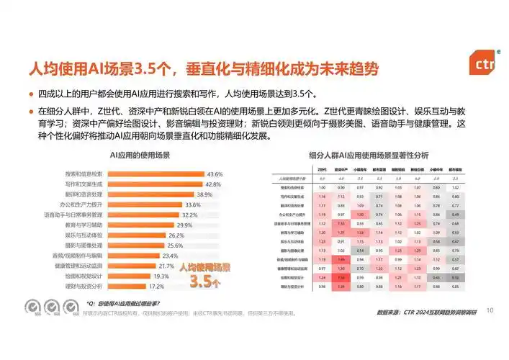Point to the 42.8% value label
point(213,184)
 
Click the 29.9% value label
point(185,225)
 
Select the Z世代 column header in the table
point(323,168)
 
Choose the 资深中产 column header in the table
point(341,168)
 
